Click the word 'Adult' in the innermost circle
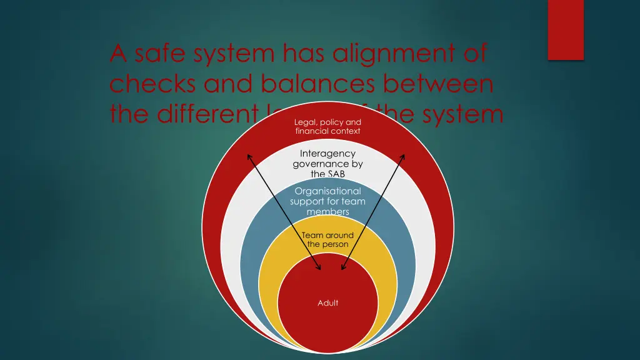327,303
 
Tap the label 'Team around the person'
327,239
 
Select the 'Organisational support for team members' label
327,201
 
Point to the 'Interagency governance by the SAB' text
327,164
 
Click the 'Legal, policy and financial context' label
327,126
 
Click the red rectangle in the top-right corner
566,29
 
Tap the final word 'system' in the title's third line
462,114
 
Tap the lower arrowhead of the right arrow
343,268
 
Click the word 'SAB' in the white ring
327,174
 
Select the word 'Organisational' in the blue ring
327,191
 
